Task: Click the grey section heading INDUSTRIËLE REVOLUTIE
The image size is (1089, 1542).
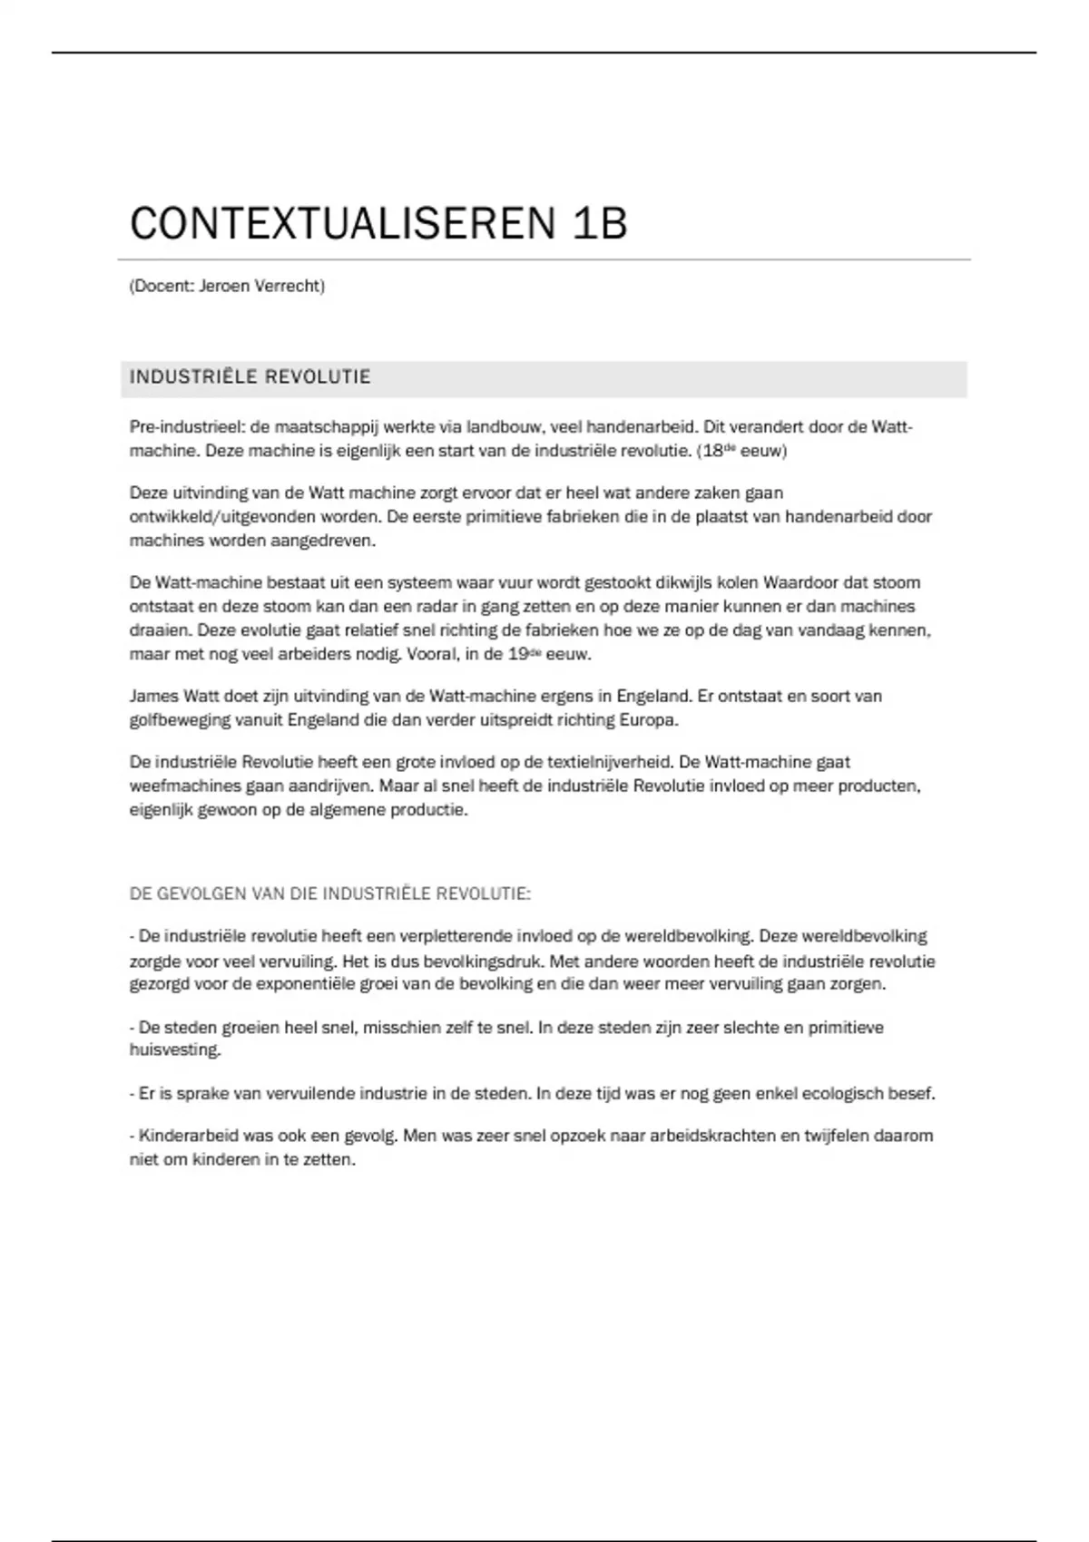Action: point(250,377)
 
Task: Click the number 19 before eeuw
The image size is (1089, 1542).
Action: point(517,654)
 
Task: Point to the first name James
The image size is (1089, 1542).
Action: point(154,697)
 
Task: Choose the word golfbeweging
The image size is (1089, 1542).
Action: point(180,720)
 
